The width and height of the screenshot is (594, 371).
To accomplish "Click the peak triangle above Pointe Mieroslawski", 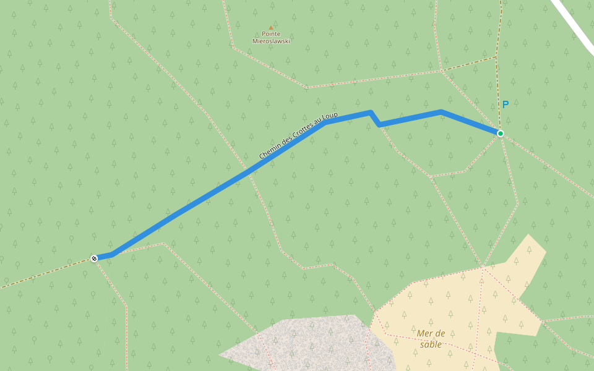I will [270, 27].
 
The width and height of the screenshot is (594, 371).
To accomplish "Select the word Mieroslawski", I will [271, 41].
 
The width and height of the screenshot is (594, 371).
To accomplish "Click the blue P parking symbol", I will [505, 105].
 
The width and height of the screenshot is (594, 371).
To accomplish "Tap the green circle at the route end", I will [500, 134].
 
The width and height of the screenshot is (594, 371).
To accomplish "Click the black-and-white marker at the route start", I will [94, 258].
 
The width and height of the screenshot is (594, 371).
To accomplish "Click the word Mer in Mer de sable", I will [424, 334].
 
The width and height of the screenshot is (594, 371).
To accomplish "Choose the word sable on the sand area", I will [431, 344].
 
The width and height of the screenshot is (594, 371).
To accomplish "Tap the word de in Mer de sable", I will [439, 334].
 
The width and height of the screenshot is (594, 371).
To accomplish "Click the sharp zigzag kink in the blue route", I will [374, 118].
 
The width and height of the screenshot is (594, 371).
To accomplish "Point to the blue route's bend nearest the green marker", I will [441, 112].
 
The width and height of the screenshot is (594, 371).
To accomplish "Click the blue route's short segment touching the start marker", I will [103, 257].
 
